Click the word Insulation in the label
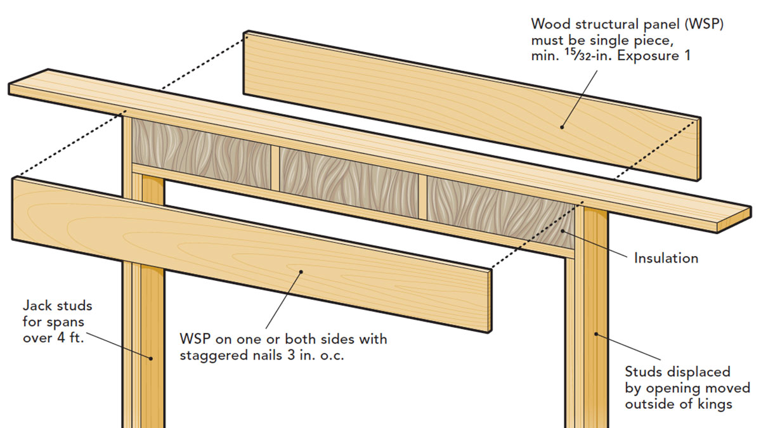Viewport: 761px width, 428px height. [666, 259]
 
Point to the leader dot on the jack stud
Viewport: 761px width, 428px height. [151, 358]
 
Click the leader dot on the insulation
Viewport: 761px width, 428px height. [563, 234]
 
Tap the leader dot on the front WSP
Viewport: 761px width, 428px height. [301, 272]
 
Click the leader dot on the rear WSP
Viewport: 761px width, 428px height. [561, 127]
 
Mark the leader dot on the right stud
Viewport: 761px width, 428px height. [595, 332]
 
